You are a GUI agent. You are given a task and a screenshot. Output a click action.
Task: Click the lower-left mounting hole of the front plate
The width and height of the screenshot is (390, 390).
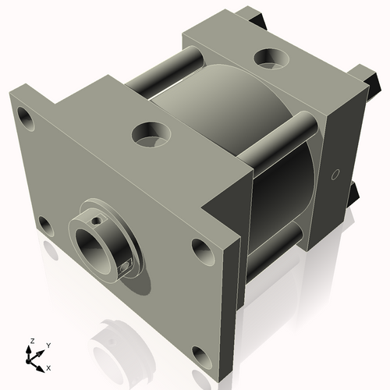pos(44,227)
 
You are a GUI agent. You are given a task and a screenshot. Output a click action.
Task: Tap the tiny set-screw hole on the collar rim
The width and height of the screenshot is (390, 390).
pos(95,222)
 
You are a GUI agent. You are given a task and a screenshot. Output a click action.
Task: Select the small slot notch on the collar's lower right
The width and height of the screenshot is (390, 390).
pos(125,268)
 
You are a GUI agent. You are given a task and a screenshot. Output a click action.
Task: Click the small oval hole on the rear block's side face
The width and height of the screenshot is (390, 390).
pos(337,175)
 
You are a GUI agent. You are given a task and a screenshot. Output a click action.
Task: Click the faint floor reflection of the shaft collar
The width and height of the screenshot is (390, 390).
pos(117,335)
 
